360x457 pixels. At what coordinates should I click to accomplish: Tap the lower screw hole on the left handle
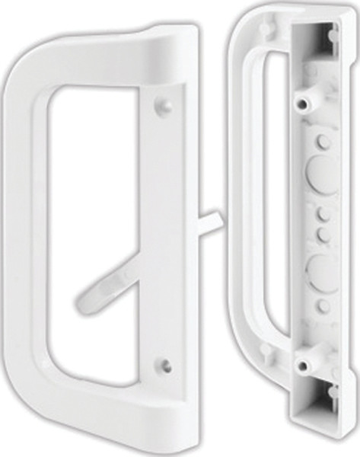click(166, 365)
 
